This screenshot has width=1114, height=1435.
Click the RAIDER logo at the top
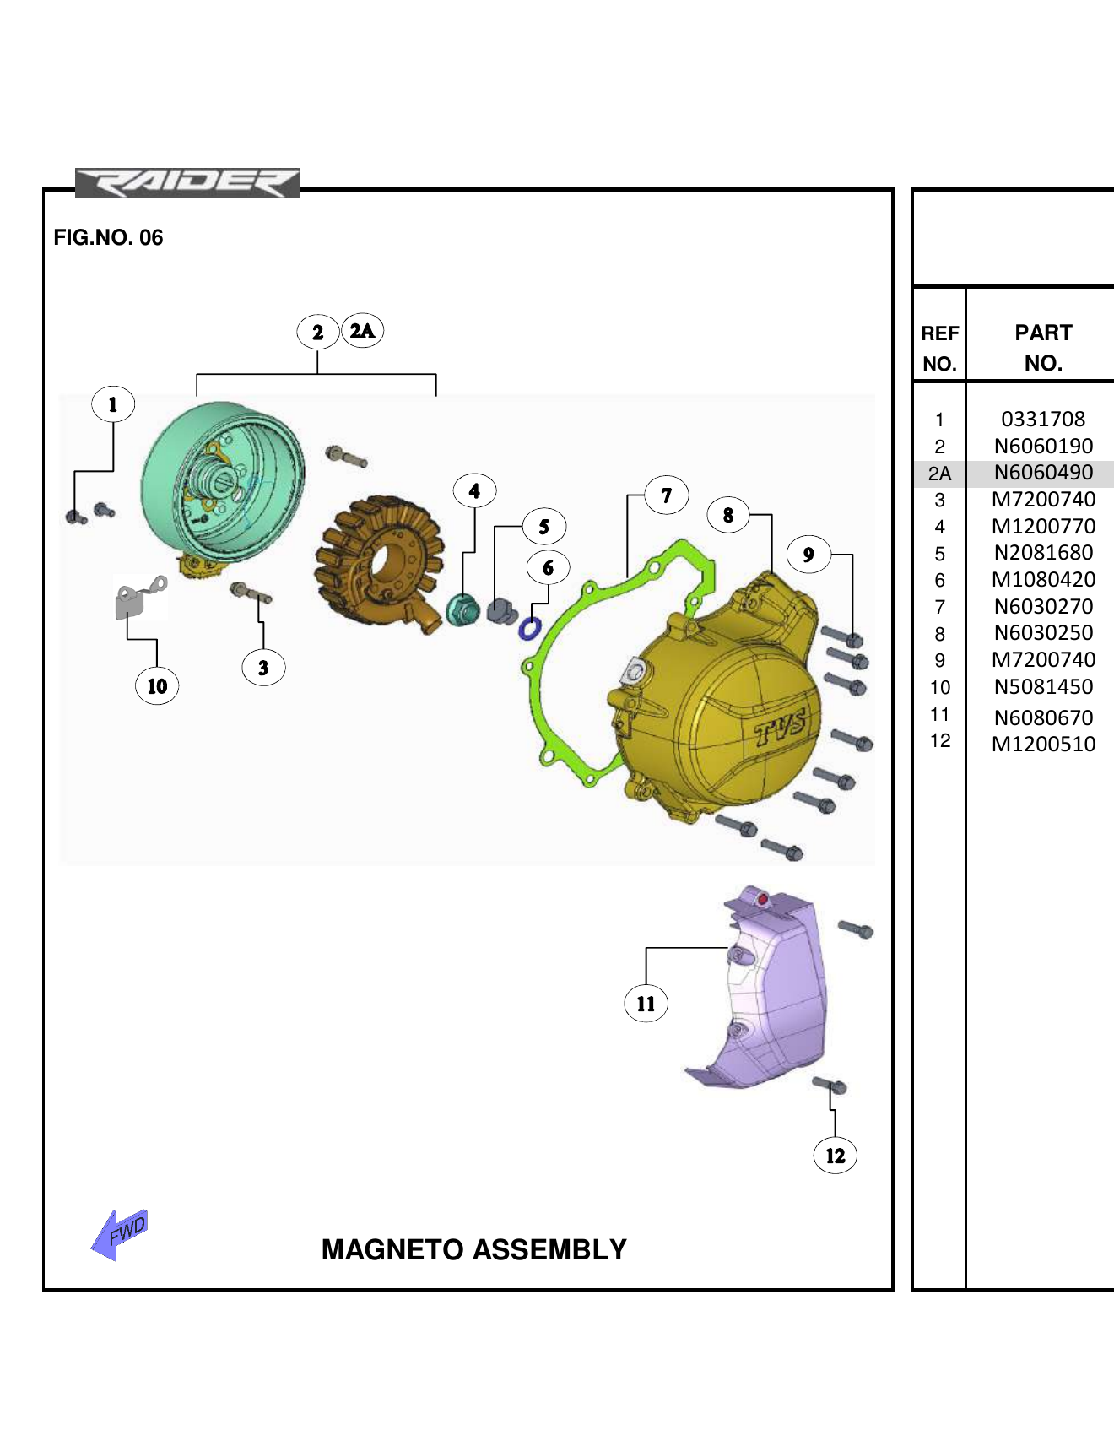coord(187,183)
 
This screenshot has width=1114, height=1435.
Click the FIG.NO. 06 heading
coord(108,237)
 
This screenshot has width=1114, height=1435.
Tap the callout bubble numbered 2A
coord(362,331)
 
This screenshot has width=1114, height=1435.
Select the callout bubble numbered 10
coord(157,685)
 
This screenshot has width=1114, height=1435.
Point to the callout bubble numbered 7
coord(667,495)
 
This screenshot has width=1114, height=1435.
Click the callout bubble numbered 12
coord(835,1156)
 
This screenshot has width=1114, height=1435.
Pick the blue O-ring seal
coord(529,629)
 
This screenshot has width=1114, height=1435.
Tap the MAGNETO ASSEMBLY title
coord(473,1249)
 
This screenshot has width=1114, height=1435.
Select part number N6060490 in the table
coord(1043,473)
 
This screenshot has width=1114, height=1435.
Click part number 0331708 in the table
coord(1043,420)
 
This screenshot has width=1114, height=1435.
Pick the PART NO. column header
coord(1043,348)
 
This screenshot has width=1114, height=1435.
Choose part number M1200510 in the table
coord(1043,745)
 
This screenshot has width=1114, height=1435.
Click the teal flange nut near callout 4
coord(462,610)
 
